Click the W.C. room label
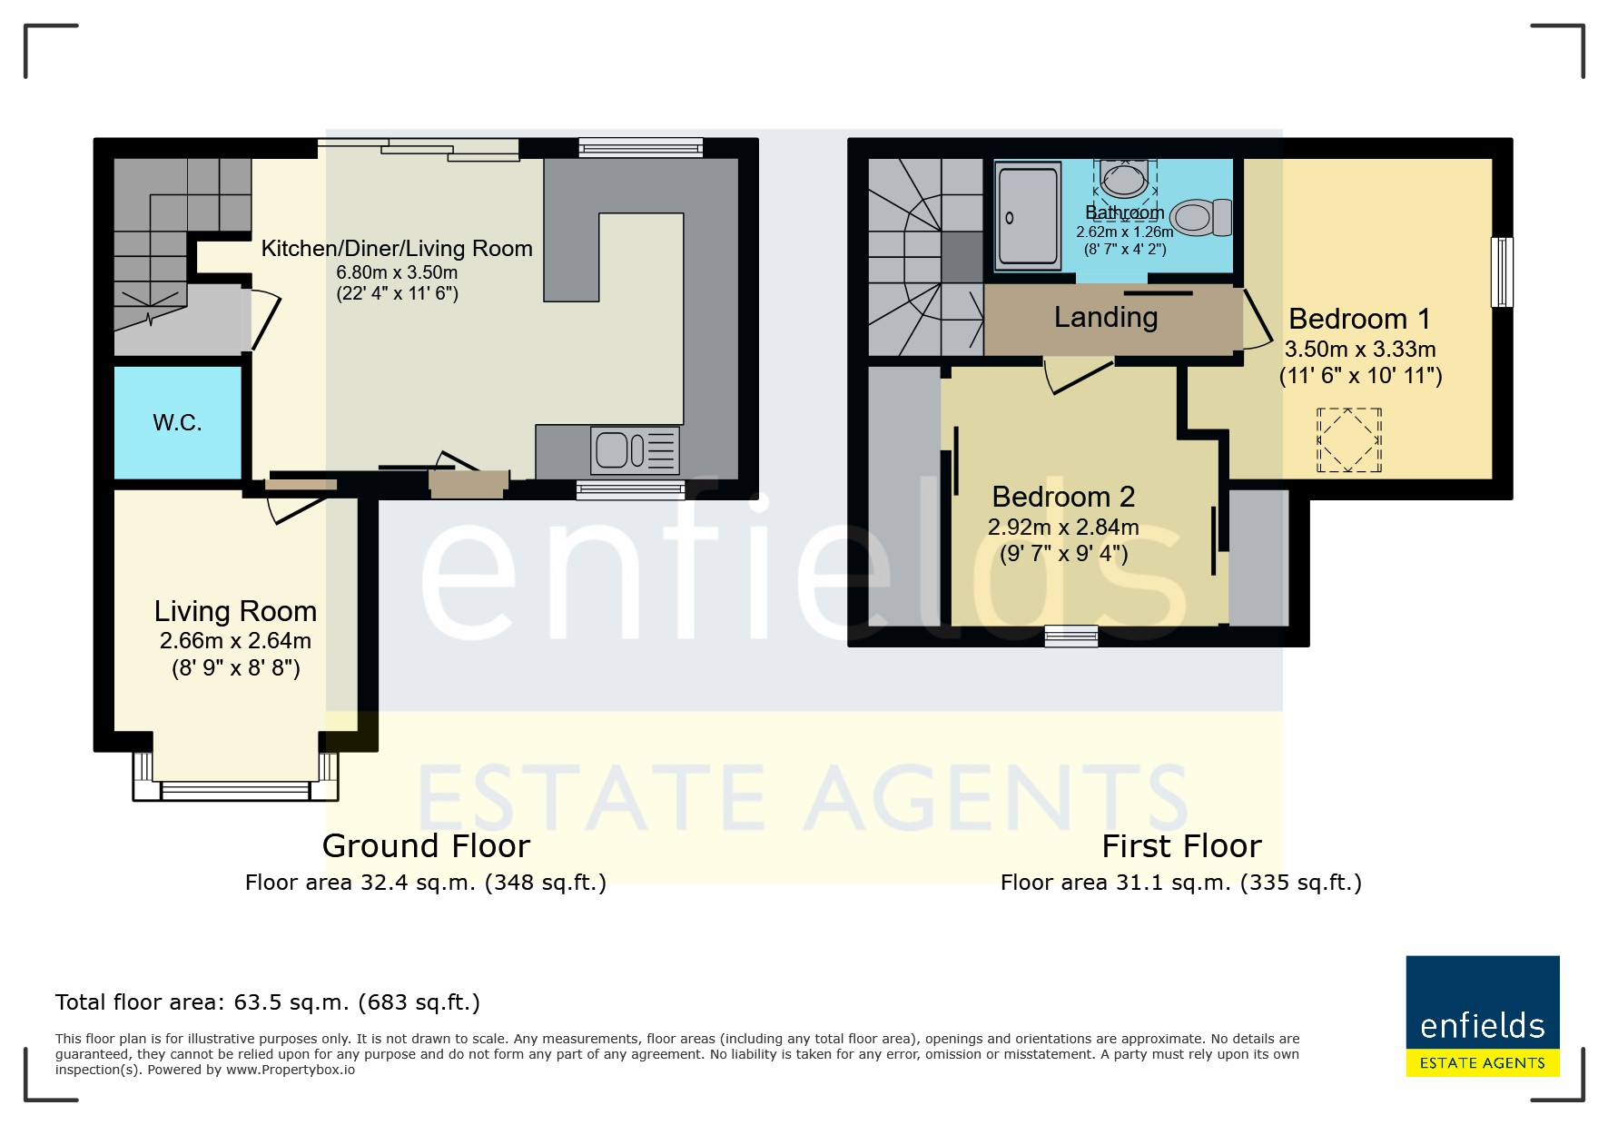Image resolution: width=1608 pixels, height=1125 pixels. [177, 422]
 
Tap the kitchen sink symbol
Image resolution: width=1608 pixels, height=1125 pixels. [635, 450]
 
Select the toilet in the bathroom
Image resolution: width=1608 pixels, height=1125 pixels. [1200, 218]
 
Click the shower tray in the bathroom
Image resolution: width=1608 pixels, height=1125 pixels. [1029, 216]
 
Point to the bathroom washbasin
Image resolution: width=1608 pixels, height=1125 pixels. [1125, 179]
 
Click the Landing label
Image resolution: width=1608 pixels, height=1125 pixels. [1106, 317]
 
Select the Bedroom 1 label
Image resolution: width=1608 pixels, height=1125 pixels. [1359, 319]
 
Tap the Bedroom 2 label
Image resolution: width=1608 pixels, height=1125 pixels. [1063, 497]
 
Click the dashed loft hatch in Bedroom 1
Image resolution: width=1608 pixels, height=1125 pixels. [1349, 440]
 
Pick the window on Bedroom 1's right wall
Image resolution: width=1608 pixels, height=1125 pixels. [1503, 272]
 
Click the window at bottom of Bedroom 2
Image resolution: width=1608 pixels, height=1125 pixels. [1071, 636]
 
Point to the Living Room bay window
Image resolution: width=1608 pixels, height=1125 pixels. [236, 778]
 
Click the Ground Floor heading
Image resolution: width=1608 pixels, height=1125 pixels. [426, 846]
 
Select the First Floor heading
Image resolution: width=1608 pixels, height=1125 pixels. [1181, 846]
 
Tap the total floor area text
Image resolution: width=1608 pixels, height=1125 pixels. [268, 1002]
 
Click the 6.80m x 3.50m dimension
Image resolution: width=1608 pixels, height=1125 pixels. [397, 272]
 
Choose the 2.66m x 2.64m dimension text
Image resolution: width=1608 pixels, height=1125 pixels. [236, 641]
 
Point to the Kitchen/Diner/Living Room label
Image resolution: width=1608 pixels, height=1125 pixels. [397, 249]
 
